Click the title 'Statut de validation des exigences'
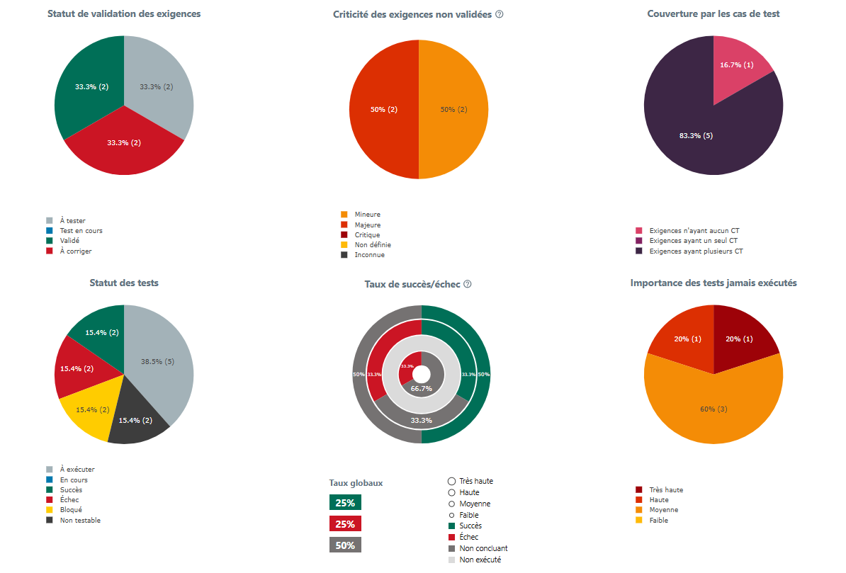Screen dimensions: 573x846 pos(124,13)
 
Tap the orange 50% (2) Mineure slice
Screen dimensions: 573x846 pos(453,110)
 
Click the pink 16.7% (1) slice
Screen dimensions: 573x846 pos(737,65)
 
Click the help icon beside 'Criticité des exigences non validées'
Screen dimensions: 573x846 pos(500,14)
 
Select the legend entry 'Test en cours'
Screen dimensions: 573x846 pos(81,231)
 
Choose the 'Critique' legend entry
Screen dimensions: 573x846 pos(367,235)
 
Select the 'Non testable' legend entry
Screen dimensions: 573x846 pos(79,521)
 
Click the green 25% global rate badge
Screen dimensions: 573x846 pos(345,503)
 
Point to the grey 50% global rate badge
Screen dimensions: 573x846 pos(345,545)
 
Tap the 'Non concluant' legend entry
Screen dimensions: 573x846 pos(483,548)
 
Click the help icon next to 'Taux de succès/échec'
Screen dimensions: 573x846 pos(468,284)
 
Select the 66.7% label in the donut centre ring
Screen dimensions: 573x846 pos(422,389)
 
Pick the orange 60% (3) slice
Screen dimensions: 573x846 pos(714,409)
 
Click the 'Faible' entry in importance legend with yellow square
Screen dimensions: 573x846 pos(658,521)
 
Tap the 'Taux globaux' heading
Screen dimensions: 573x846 pos(356,483)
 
